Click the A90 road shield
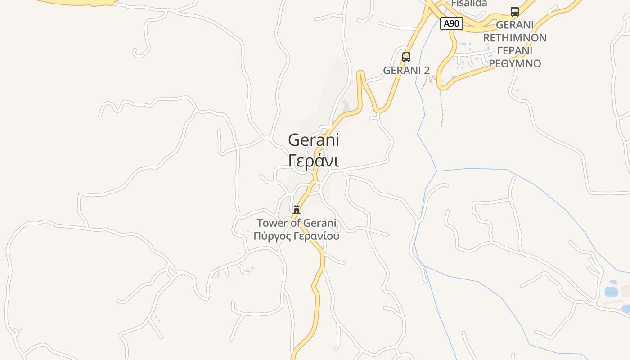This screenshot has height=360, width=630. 451,23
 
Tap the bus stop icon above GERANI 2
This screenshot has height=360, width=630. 406,57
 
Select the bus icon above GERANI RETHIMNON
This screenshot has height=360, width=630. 515,12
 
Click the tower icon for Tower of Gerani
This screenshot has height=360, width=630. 297,209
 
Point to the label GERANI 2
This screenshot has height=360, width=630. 406,71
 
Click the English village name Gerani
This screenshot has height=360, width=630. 313,140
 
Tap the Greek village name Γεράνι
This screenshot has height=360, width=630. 313,161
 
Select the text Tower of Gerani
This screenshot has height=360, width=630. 296,223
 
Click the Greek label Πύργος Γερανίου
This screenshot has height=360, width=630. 296,236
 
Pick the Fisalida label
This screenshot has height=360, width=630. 469,4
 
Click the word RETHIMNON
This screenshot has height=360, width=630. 515,38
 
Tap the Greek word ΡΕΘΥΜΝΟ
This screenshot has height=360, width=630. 515,63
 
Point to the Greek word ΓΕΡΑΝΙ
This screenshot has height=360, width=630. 515,50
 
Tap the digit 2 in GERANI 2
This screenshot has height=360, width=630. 427,71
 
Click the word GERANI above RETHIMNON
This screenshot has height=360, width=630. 515,25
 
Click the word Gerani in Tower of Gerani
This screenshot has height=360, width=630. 319,223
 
